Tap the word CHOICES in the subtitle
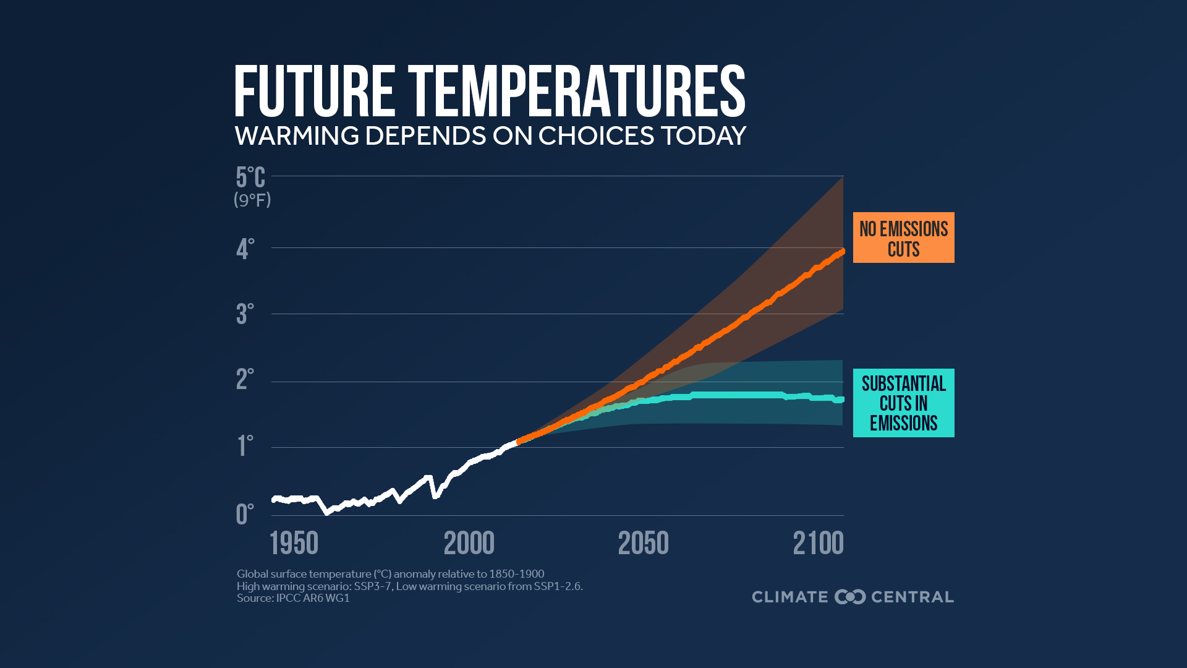(596, 136)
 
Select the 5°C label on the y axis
(250, 178)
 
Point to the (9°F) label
(252, 200)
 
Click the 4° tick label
(245, 249)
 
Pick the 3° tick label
(245, 314)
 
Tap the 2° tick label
(245, 379)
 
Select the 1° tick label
(245, 446)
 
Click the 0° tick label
(245, 514)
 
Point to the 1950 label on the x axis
(294, 544)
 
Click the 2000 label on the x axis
(469, 544)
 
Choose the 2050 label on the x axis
(643, 544)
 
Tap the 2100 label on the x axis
(818, 544)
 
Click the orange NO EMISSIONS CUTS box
(903, 238)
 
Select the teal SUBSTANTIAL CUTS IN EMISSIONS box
(903, 403)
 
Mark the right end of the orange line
(842, 252)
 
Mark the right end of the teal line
(841, 400)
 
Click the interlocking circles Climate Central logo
(850, 597)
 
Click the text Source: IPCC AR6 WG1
(293, 598)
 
